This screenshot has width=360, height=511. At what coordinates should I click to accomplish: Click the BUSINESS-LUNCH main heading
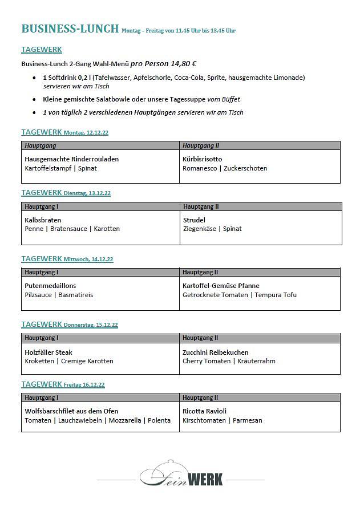pos(70,29)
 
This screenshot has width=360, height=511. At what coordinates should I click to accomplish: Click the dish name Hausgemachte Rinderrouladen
pos(72,159)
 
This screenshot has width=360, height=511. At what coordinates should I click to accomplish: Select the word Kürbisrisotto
pos(203,159)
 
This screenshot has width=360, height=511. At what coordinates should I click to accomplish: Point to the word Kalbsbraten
pos(43,220)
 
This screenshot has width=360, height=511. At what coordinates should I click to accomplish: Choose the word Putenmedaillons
pos(51,286)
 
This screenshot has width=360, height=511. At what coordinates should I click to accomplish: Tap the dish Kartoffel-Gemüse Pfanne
pos(221,286)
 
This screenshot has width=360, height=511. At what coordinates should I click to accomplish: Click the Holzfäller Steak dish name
pos(48,352)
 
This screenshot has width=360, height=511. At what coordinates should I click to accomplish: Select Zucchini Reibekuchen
pos(216,352)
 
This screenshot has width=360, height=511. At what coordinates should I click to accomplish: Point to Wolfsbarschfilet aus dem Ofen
pos(71,411)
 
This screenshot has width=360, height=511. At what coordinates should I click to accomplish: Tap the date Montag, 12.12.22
pos(86,133)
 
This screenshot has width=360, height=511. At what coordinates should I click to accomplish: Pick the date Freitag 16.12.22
pos(84,385)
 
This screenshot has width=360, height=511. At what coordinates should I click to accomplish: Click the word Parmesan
pos(248,420)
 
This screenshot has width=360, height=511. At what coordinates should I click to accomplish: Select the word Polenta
pos(159,420)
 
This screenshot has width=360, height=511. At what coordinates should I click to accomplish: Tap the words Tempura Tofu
pos(276,295)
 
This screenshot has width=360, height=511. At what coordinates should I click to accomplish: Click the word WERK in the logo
pos(204,478)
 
